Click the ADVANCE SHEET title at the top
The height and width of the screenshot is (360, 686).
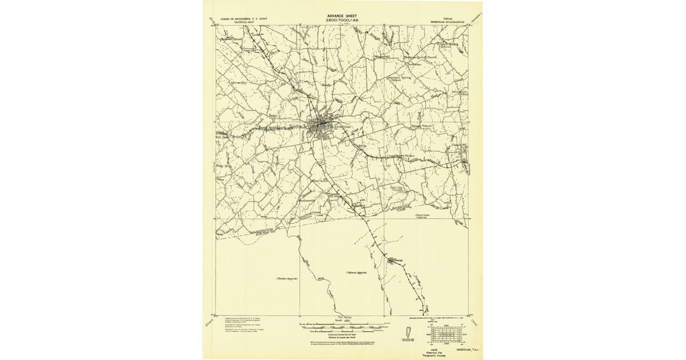[342, 16]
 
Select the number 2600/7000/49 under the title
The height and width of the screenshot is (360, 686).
[341, 21]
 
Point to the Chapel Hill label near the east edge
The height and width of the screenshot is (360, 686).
[460, 145]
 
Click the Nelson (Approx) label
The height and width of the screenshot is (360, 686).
[356, 273]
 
